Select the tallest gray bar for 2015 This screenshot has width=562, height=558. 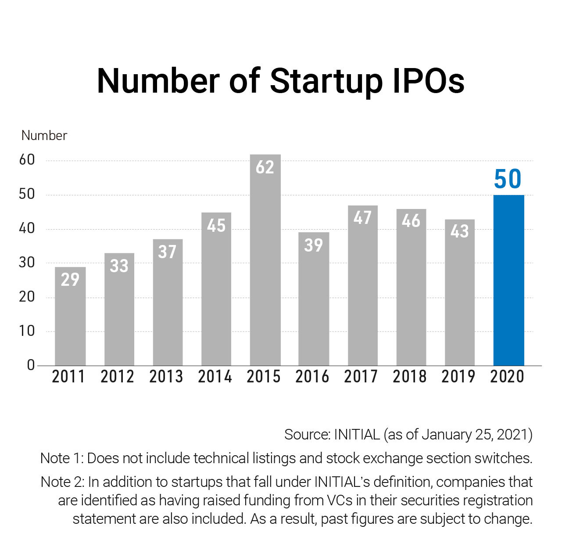click(x=265, y=263)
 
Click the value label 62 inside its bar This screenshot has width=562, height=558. click(x=265, y=167)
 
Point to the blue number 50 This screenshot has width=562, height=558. click(x=508, y=179)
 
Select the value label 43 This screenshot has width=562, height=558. click(x=459, y=231)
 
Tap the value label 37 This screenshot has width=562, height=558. click(x=167, y=252)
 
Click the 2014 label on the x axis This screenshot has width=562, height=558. click(x=215, y=377)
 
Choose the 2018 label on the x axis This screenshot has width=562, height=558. click(x=409, y=377)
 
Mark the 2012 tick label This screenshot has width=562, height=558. click(x=117, y=377)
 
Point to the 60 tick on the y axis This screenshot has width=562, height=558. click(x=27, y=160)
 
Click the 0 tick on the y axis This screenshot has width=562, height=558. click(x=31, y=365)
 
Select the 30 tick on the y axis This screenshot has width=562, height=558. click(x=27, y=263)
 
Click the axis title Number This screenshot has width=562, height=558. click(x=44, y=136)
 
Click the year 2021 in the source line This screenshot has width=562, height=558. click(x=517, y=435)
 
